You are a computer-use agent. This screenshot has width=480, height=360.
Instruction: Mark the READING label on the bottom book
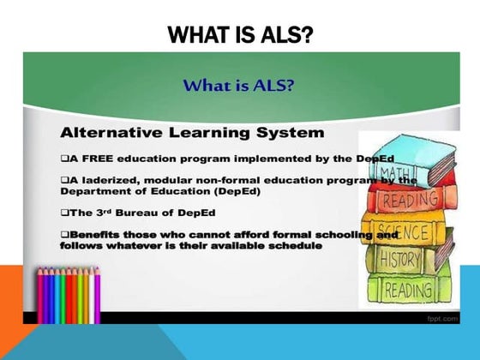[408, 290]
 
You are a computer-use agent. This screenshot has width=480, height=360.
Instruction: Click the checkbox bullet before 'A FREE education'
[64, 159]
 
